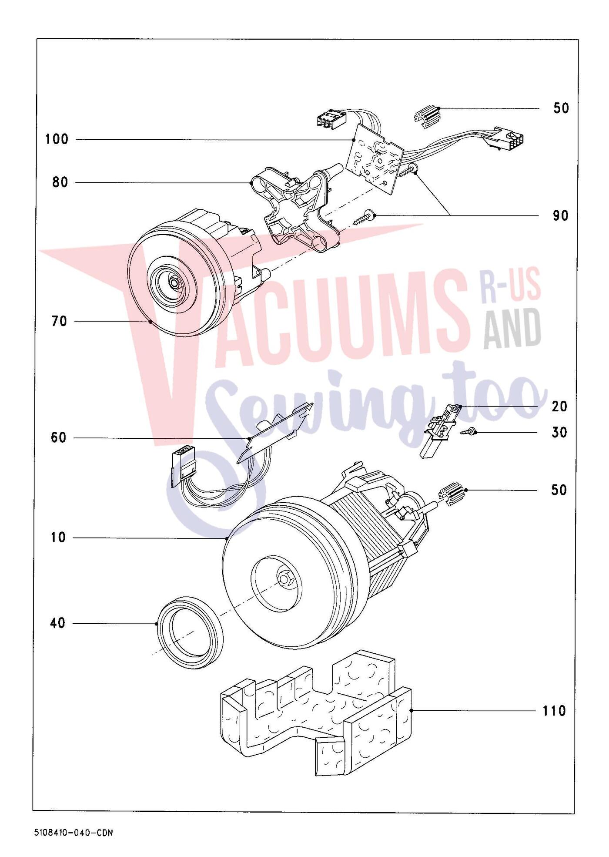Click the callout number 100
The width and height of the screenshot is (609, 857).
tap(57, 140)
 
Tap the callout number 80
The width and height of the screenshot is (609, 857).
tap(60, 182)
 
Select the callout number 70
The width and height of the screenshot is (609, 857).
tap(60, 322)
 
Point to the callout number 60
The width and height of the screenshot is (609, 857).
tap(59, 437)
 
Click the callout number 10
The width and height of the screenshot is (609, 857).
tap(58, 538)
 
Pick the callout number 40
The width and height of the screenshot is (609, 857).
tap(57, 623)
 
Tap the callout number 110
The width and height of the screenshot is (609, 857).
tap(554, 711)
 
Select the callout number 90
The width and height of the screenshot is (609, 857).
tap(560, 215)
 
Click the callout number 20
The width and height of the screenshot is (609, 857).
tap(559, 407)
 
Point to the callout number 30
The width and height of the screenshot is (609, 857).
tap(559, 433)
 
